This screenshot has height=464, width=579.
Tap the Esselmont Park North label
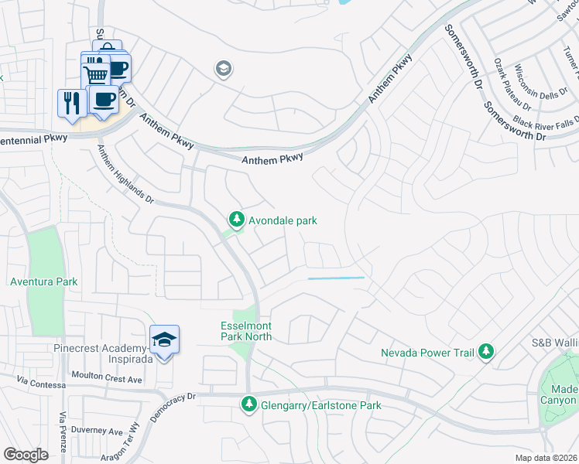[247, 330]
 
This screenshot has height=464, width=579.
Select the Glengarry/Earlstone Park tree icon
[248, 404]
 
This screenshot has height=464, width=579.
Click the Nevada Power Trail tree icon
[485, 353]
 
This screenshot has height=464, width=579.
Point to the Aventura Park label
[43, 281]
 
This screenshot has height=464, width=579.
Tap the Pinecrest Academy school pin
[164, 340]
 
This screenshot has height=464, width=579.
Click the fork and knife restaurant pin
[72, 104]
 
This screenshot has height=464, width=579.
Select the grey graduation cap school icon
[224, 70]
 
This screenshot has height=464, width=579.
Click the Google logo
[26, 455]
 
